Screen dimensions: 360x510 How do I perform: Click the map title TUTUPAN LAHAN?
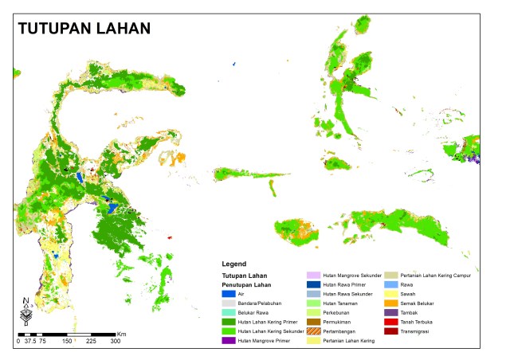pyautogui.click(x=84, y=29)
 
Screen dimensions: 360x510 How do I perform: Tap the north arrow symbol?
pyautogui.click(x=26, y=311)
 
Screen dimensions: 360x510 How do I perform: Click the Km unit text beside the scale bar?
pyautogui.click(x=122, y=334)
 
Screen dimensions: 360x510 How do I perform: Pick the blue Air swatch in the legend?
pyautogui.click(x=229, y=294)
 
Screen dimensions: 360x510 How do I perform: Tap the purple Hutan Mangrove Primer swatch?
pyautogui.click(x=229, y=340)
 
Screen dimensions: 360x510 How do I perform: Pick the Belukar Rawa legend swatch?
pyautogui.click(x=229, y=312)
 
